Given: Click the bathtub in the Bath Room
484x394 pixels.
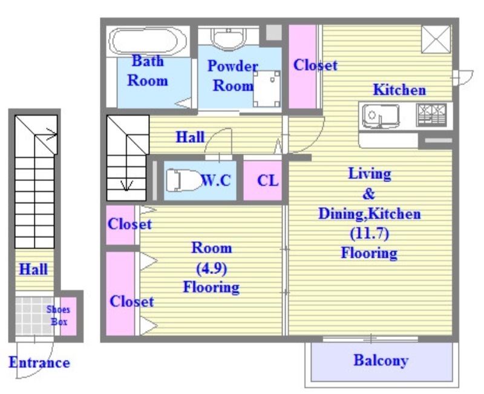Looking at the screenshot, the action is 148,42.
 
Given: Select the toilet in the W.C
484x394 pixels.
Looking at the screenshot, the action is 182,180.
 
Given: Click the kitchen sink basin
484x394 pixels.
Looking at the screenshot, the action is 381,116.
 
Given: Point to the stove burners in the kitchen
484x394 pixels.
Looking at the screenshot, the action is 431,115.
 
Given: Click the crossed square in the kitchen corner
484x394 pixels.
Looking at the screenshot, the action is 436,39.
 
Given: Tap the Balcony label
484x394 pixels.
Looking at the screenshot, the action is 381,360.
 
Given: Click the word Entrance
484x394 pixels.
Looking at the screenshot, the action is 39,362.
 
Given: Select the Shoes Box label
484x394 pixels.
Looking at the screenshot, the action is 58,315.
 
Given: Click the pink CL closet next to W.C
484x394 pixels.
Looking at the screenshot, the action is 263,180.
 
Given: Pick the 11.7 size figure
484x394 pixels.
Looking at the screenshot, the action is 370,234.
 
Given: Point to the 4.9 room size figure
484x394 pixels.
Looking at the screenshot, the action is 212,268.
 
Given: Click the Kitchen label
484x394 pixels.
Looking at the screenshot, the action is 399,90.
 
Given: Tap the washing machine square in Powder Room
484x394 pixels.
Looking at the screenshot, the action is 267,88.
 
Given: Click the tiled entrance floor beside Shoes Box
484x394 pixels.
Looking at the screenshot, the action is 34,316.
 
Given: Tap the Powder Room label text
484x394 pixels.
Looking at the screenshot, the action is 233,76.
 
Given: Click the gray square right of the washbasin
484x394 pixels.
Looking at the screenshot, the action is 274,33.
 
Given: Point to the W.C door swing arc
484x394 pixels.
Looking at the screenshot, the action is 218,140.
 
